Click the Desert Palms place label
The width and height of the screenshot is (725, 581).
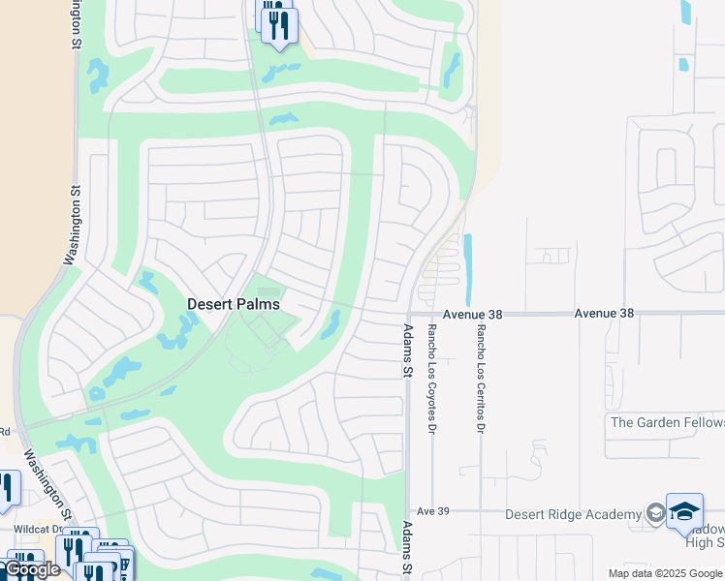click(233, 304)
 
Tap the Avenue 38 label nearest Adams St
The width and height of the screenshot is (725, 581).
click(476, 314)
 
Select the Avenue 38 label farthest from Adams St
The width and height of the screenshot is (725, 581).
click(603, 314)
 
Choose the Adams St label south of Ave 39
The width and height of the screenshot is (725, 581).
click(408, 548)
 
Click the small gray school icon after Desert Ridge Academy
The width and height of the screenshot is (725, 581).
click(655, 513)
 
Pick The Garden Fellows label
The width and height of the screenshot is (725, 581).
click(667, 422)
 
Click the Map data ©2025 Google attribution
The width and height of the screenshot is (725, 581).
click(665, 573)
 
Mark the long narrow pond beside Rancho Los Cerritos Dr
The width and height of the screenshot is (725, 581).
click(469, 268)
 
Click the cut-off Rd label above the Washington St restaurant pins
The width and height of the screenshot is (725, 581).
click(5, 432)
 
